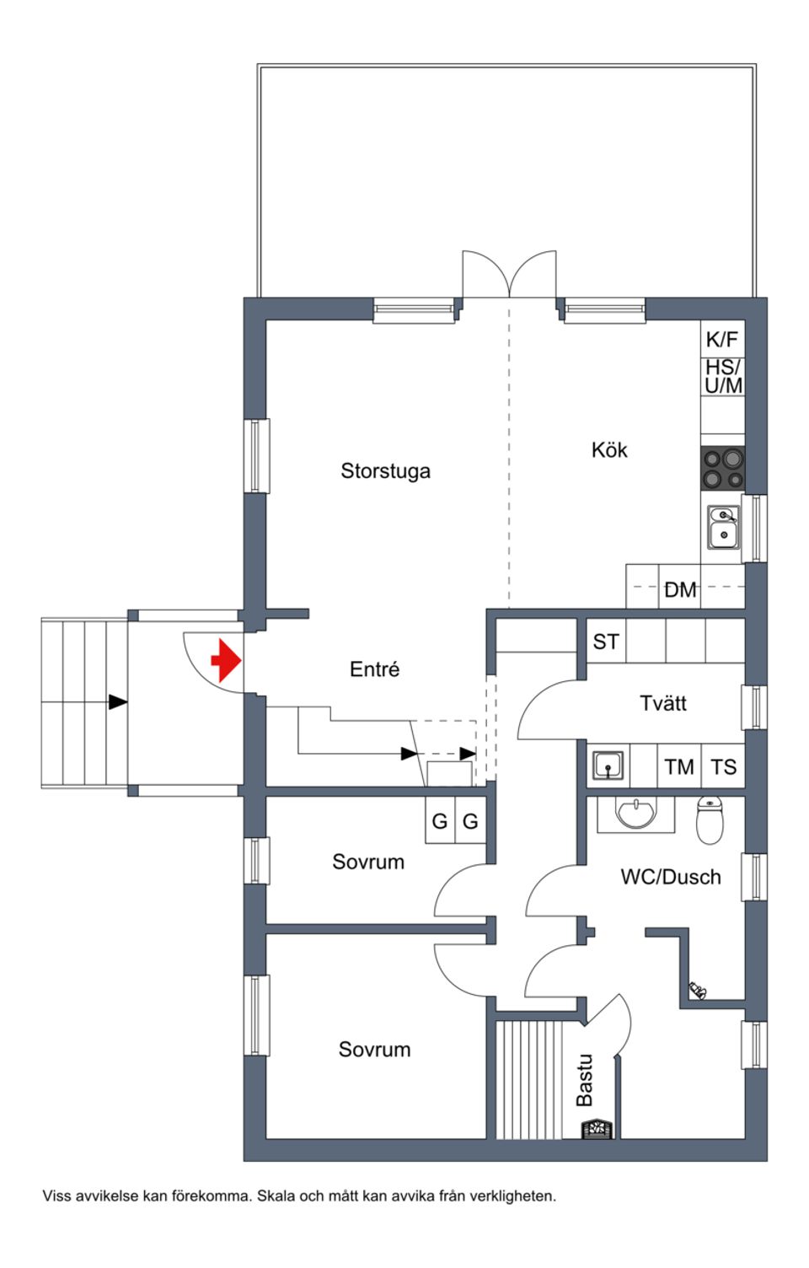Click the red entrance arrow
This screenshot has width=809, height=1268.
225,659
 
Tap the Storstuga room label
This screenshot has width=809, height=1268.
385,470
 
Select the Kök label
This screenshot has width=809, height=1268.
608,450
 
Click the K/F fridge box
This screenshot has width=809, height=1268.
722,339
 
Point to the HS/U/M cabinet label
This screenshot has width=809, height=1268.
723,377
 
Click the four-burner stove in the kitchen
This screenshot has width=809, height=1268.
723,469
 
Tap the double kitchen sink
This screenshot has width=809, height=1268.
723,526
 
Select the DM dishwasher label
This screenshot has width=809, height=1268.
680,590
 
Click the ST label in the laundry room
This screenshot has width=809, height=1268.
605,642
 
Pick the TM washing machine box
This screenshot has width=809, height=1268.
678,767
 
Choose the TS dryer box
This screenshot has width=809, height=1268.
723,767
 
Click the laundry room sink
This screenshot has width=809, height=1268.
608,766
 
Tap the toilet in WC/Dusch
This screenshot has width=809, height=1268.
710,820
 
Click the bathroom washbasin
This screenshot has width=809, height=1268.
635,814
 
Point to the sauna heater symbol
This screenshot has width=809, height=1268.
597,1128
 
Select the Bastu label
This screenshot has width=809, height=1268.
584,1080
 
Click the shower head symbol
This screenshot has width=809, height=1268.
698,990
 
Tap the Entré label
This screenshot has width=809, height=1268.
374,669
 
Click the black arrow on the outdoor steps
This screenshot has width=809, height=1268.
117,701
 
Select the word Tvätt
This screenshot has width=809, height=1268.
662,703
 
